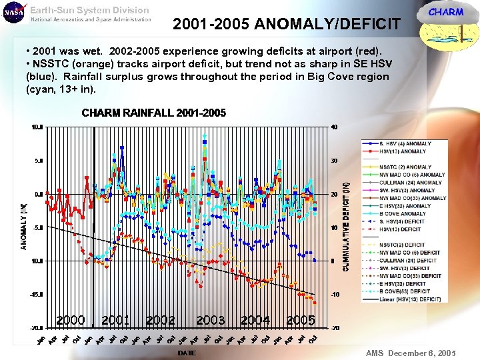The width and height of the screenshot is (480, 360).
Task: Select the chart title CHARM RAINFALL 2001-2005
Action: [x=153, y=113]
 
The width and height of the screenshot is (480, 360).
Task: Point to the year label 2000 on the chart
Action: [x=71, y=321]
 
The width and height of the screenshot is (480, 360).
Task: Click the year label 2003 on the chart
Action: [x=211, y=321]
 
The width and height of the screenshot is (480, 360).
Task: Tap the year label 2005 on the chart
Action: [x=301, y=321]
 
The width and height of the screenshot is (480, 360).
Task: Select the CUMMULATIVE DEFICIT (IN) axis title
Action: [x=346, y=227]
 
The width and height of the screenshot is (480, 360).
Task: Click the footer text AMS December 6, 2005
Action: [x=410, y=352]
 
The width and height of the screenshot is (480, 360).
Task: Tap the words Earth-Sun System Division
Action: [x=89, y=10]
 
